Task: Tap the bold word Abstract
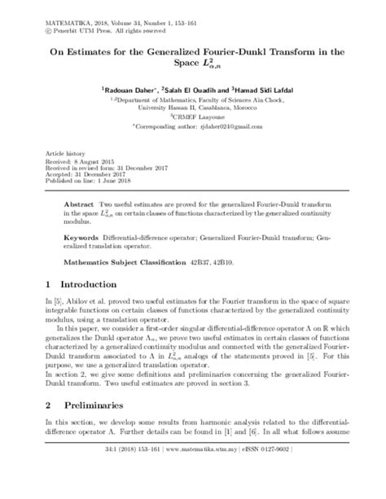(79, 198)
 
